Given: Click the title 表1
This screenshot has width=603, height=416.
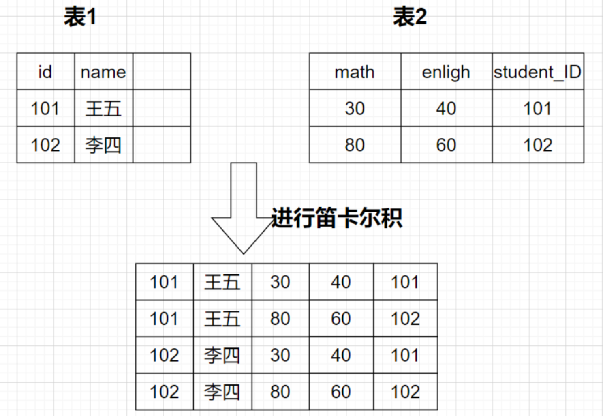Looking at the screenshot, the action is [80, 17].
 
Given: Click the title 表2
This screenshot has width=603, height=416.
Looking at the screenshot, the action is [410, 17].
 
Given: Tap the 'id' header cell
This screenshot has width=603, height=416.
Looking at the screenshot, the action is [45, 72].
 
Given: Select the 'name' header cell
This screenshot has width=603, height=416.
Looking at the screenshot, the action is [103, 72].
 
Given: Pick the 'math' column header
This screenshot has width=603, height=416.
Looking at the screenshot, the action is [355, 72].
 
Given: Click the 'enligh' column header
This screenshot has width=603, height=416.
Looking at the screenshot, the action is [446, 72].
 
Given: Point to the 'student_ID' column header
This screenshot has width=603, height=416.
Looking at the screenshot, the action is [537, 72].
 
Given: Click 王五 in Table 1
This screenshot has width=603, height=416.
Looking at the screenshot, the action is [103, 109].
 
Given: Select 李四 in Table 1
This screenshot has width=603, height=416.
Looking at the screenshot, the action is [103, 145].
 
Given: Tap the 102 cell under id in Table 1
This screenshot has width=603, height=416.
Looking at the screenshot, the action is [45, 145].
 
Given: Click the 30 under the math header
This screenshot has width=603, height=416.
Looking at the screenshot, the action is [355, 109].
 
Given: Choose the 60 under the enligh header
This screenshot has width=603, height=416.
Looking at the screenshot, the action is [446, 145].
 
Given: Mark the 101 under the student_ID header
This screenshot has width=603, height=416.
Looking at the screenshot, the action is [537, 109].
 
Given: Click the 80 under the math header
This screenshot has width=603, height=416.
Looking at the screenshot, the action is [355, 145].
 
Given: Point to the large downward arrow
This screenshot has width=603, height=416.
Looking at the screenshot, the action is [244, 211].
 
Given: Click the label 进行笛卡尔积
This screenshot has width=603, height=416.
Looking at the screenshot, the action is [336, 218].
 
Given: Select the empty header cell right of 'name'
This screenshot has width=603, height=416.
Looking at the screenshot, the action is [161, 72].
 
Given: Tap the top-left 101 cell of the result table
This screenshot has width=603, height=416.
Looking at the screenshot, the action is [164, 282].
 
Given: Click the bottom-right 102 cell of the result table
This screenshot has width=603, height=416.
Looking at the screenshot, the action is [405, 392].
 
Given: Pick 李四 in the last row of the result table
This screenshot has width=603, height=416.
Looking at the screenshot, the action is [222, 392].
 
